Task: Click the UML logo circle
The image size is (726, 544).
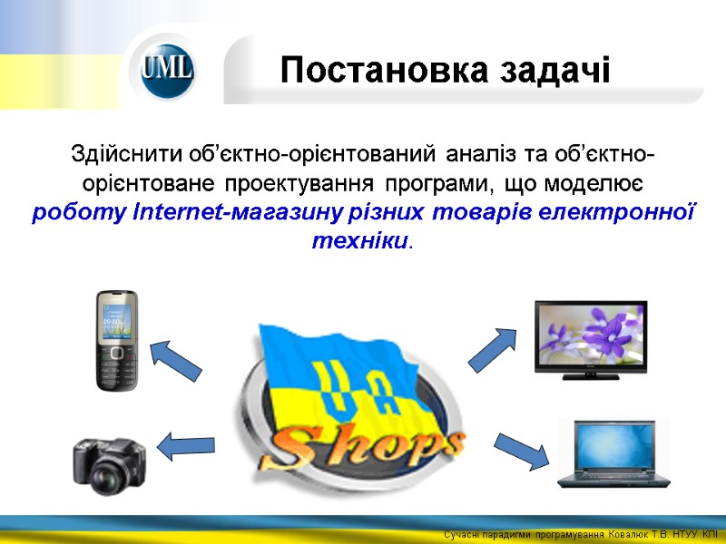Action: tap(168, 70)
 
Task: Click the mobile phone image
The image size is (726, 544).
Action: tap(117, 340)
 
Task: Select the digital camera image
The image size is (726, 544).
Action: tap(110, 461)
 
